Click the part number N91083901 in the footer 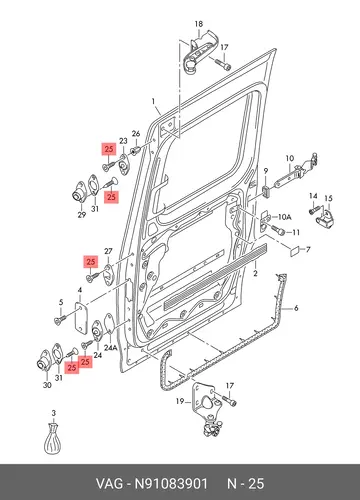click(x=171, y=483)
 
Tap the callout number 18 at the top click(x=199, y=24)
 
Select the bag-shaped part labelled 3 click(x=53, y=439)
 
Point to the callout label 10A click(x=284, y=217)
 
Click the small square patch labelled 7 click(x=294, y=252)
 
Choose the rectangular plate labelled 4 click(x=81, y=320)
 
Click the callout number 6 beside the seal click(x=296, y=308)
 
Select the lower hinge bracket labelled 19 click(x=207, y=411)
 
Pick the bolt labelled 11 click(x=278, y=229)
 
